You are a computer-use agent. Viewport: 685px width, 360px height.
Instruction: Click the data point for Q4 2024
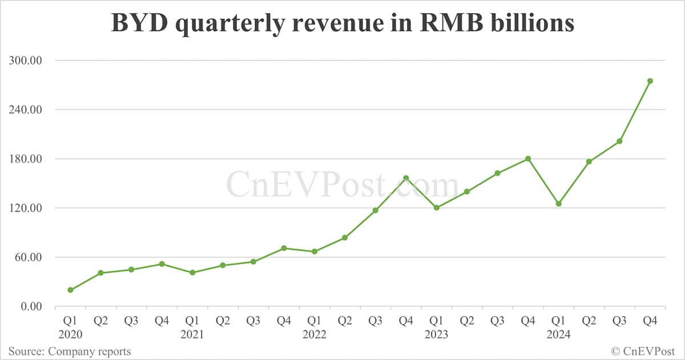coord(650,81)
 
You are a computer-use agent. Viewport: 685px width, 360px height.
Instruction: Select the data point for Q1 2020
coord(70,290)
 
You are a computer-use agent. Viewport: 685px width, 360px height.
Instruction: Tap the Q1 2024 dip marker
coord(558,204)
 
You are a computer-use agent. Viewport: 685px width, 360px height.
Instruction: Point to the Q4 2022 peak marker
coord(406,178)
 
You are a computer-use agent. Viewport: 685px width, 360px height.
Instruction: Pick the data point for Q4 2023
coord(528,159)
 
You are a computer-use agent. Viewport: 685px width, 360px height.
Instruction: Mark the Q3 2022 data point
coord(375,211)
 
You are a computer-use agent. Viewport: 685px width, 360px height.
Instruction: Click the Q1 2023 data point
coord(437,208)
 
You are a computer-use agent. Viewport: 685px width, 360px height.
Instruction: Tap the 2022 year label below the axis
coord(314,334)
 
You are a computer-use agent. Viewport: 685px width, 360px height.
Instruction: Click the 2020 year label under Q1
coord(70,334)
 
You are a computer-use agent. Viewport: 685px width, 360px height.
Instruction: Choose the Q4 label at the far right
coord(650,321)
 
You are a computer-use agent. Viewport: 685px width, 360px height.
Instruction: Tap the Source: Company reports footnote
coord(69,351)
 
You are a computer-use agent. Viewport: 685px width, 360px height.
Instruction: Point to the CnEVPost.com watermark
coord(342,185)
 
